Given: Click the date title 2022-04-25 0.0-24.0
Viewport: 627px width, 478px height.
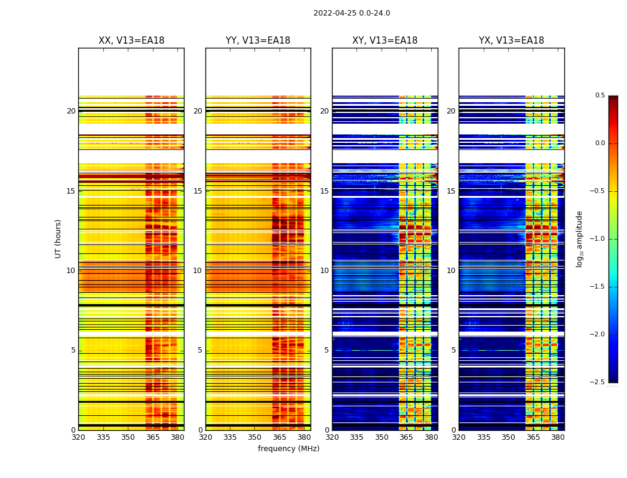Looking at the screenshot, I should pyautogui.click(x=352, y=13).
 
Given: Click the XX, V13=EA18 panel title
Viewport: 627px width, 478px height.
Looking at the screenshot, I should pyautogui.click(x=131, y=41).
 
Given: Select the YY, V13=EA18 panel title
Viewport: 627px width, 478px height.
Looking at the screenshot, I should pyautogui.click(x=258, y=41).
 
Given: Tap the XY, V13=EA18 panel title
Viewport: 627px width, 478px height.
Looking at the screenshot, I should pyautogui.click(x=385, y=41).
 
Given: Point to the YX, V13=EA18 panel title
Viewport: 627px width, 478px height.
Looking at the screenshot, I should pyautogui.click(x=512, y=41).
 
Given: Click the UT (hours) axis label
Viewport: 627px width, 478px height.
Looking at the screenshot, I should pyautogui.click(x=58, y=238).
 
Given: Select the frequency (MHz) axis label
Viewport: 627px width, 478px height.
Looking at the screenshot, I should pyautogui.click(x=288, y=449).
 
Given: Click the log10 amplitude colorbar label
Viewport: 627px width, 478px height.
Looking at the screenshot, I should pyautogui.click(x=579, y=238).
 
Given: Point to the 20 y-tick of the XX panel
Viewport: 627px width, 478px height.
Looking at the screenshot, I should pyautogui.click(x=72, y=111).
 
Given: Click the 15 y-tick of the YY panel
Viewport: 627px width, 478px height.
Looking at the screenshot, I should pyautogui.click(x=198, y=191).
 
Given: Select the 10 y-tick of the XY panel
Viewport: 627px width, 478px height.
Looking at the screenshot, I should pyautogui.click(x=325, y=271).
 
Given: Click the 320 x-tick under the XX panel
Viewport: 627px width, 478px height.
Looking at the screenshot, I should pyautogui.click(x=78, y=437).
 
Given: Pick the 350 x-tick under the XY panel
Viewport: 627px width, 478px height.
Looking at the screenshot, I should pyautogui.click(x=382, y=437).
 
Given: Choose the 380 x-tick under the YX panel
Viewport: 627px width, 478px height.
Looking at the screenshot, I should pyautogui.click(x=558, y=437).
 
